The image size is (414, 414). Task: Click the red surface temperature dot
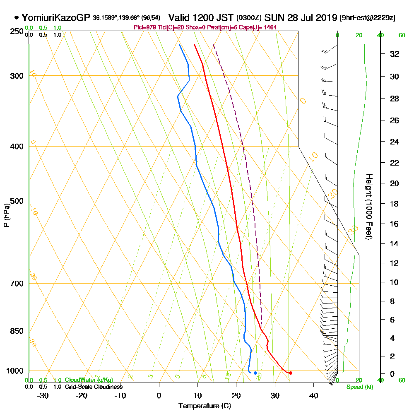pos(290,373)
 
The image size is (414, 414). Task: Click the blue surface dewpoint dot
pos(255,373)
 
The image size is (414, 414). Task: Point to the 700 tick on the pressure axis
pos(17,284)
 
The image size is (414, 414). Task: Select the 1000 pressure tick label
pos(15,371)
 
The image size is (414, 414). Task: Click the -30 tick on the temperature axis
pos(43,395)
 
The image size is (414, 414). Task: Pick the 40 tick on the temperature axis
pos(313,395)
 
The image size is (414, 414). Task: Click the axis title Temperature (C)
pos(205,406)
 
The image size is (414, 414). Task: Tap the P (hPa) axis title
pos(6,215)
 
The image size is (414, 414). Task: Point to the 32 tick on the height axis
pos(394,54)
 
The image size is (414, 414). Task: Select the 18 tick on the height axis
pos(394,204)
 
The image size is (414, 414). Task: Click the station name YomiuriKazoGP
pos(55,18)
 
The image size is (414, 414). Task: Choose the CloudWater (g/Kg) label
pos(89,380)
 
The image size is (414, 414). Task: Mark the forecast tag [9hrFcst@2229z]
pos(367,18)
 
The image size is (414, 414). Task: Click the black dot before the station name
pos(17,18)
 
